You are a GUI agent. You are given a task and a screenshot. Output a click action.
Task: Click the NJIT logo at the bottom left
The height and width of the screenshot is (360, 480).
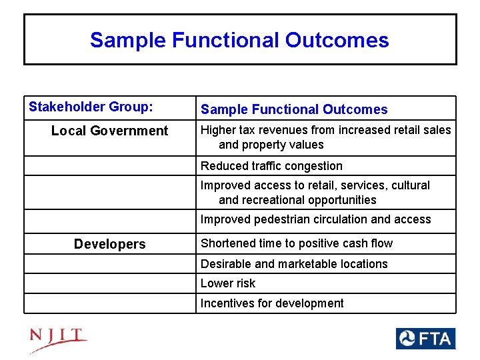tap(58, 340)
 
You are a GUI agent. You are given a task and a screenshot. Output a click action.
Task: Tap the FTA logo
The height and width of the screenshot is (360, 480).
tap(425, 339)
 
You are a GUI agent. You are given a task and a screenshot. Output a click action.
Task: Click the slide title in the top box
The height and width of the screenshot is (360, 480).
tap(239, 40)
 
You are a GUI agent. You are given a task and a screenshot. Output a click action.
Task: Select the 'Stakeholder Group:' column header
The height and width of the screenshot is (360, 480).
tap(91, 107)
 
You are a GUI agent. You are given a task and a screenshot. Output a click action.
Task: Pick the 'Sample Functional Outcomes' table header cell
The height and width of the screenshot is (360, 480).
tap(294, 109)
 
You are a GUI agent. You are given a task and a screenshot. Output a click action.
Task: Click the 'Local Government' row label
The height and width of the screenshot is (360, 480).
tap(110, 131)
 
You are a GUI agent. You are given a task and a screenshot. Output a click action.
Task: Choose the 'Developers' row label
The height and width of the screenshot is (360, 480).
tap(110, 244)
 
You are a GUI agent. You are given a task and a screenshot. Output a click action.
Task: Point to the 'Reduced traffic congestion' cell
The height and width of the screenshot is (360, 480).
tap(271, 166)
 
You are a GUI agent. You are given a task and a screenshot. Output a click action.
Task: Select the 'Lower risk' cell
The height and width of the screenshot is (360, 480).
tap(228, 283)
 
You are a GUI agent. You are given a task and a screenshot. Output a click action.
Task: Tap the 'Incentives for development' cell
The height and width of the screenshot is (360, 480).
tap(272, 303)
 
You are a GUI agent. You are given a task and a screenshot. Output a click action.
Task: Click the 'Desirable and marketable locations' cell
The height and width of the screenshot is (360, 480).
tap(294, 264)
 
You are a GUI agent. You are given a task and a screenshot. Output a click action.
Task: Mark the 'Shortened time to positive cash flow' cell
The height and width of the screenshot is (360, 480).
tap(297, 243)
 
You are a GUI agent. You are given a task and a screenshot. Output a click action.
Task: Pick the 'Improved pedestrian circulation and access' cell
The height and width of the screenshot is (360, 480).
tap(315, 219)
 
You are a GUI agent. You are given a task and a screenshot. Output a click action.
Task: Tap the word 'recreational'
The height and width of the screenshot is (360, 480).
tap(275, 200)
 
